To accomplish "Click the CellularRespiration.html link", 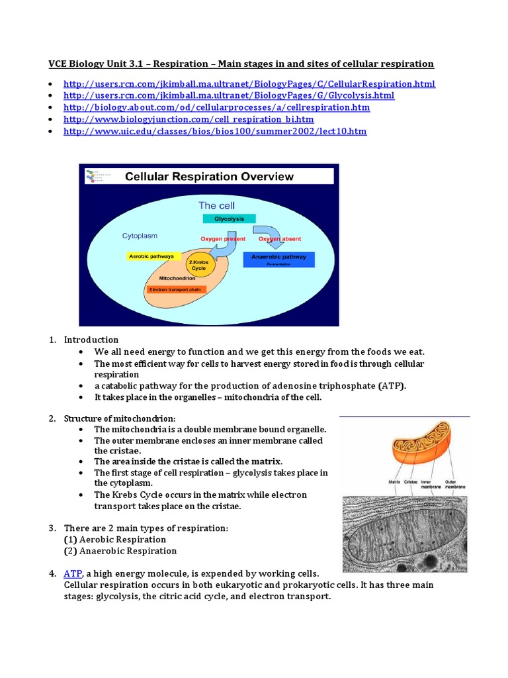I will (x=249, y=84).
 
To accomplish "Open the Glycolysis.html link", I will (x=229, y=95).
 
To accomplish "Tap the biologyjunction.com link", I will (x=189, y=119).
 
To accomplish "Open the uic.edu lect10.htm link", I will (x=215, y=131).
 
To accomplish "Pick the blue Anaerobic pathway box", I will (x=279, y=259).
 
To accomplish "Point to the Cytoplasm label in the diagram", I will (x=140, y=236).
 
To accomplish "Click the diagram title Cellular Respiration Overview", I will (x=210, y=177).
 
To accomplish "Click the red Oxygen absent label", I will (x=280, y=238).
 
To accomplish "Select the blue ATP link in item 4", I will (x=72, y=573).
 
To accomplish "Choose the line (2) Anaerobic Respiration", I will (x=120, y=551).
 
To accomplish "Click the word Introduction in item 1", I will (x=91, y=340).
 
